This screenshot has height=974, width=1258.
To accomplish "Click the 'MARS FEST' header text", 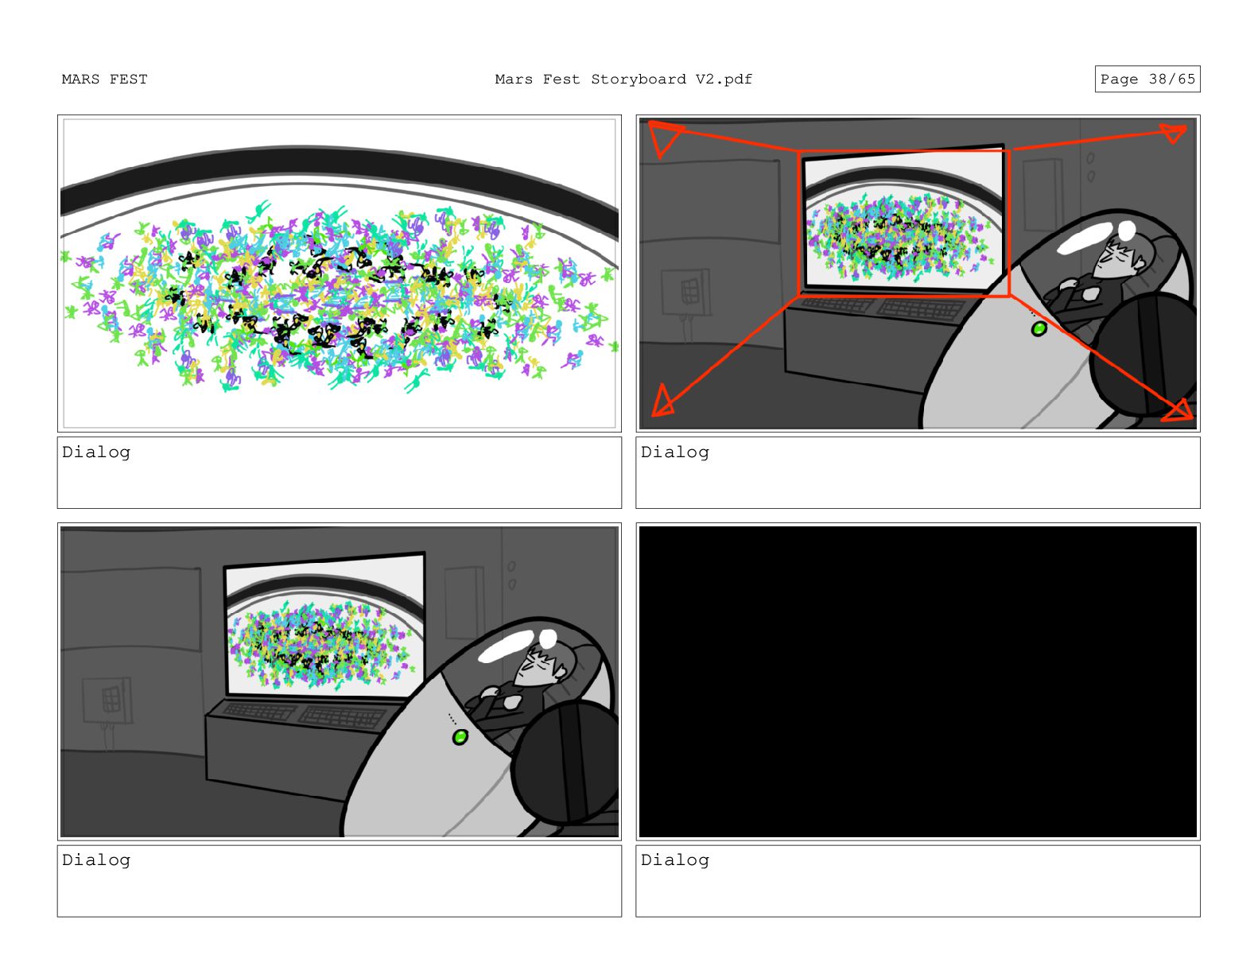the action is pos(104,80).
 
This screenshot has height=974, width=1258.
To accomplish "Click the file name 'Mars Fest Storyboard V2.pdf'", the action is pos(623,80).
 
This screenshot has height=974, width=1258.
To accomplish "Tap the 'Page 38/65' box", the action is pos(1147,79).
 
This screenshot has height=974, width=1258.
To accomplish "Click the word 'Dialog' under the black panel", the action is pos(674,860).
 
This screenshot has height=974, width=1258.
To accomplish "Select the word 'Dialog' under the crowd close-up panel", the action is pos(96,452).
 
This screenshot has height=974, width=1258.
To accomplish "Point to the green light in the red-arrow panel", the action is pos(1039,328).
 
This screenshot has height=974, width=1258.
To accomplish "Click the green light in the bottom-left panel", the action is pos(460,737).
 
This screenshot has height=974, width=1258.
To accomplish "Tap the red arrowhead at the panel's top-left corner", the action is pos(663,137).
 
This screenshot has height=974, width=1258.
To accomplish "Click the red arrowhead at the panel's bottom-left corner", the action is pos(662,402).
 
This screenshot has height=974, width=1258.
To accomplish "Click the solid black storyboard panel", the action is pos(918,681).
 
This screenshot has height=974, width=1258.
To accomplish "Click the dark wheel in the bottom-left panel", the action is pos(566,763).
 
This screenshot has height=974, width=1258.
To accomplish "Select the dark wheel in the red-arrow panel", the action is pos(1143,354).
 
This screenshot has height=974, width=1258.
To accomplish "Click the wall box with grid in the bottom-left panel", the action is pos(107,700).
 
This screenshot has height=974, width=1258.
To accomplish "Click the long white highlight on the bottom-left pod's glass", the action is pos(506,646).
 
